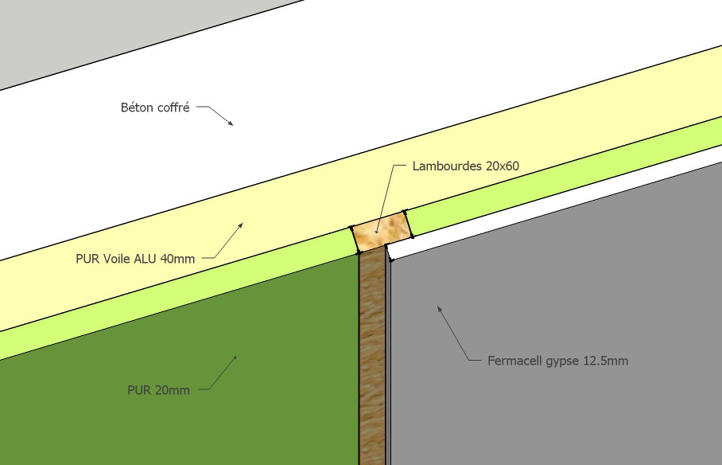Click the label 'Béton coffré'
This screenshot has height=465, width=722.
point(154,107)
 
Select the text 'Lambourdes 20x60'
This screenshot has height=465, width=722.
point(465,167)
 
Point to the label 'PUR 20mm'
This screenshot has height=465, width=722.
point(158,390)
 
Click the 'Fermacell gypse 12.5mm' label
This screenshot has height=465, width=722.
point(557,361)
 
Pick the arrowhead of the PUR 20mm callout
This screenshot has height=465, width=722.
point(235,358)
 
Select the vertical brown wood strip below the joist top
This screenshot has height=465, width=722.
point(371,358)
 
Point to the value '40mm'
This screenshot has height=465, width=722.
point(178,258)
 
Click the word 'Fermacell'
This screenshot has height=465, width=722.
point(513,361)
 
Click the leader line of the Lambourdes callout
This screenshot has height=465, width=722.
point(387,199)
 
